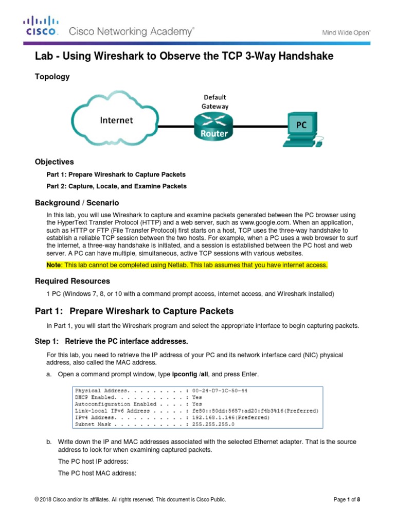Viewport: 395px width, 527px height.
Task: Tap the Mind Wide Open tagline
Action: click(346, 32)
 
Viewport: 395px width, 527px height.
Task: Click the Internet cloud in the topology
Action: click(116, 120)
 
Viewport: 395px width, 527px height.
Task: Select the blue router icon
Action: click(213, 126)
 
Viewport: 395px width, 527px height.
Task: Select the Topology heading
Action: click(52, 77)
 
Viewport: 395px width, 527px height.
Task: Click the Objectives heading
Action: click(54, 162)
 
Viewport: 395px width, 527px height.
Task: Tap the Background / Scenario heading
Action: click(77, 203)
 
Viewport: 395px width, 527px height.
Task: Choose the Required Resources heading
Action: click(72, 281)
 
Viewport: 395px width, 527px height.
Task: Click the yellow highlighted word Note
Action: click(53, 265)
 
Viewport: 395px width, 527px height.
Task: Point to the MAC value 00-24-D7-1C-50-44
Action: click(220, 391)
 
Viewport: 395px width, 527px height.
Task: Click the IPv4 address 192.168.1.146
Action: click(216, 418)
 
